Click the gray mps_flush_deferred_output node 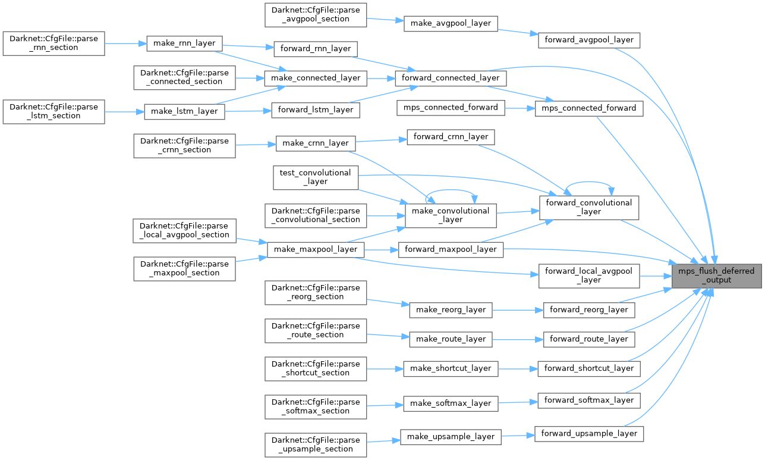pyautogui.click(x=716, y=275)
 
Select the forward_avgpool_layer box pyautogui.click(x=588, y=40)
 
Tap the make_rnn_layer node pyautogui.click(x=184, y=43)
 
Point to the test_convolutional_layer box pyautogui.click(x=315, y=177)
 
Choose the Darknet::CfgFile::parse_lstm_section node pyautogui.click(x=53, y=111)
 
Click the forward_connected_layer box pyautogui.click(x=451, y=78)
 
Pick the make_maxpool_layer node pyautogui.click(x=315, y=249)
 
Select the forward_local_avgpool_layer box pyautogui.click(x=588, y=275)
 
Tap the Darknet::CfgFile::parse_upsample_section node pyautogui.click(x=315, y=445)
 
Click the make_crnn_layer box pyautogui.click(x=315, y=143)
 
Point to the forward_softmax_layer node pyautogui.click(x=588, y=400)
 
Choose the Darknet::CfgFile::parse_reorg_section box pyautogui.click(x=315, y=292)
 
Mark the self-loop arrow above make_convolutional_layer pyautogui.click(x=450, y=193)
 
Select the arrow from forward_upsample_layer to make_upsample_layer pyautogui.click(x=518, y=435)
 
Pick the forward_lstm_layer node pyautogui.click(x=315, y=109)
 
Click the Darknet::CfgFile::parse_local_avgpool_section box pyautogui.click(x=184, y=230)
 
